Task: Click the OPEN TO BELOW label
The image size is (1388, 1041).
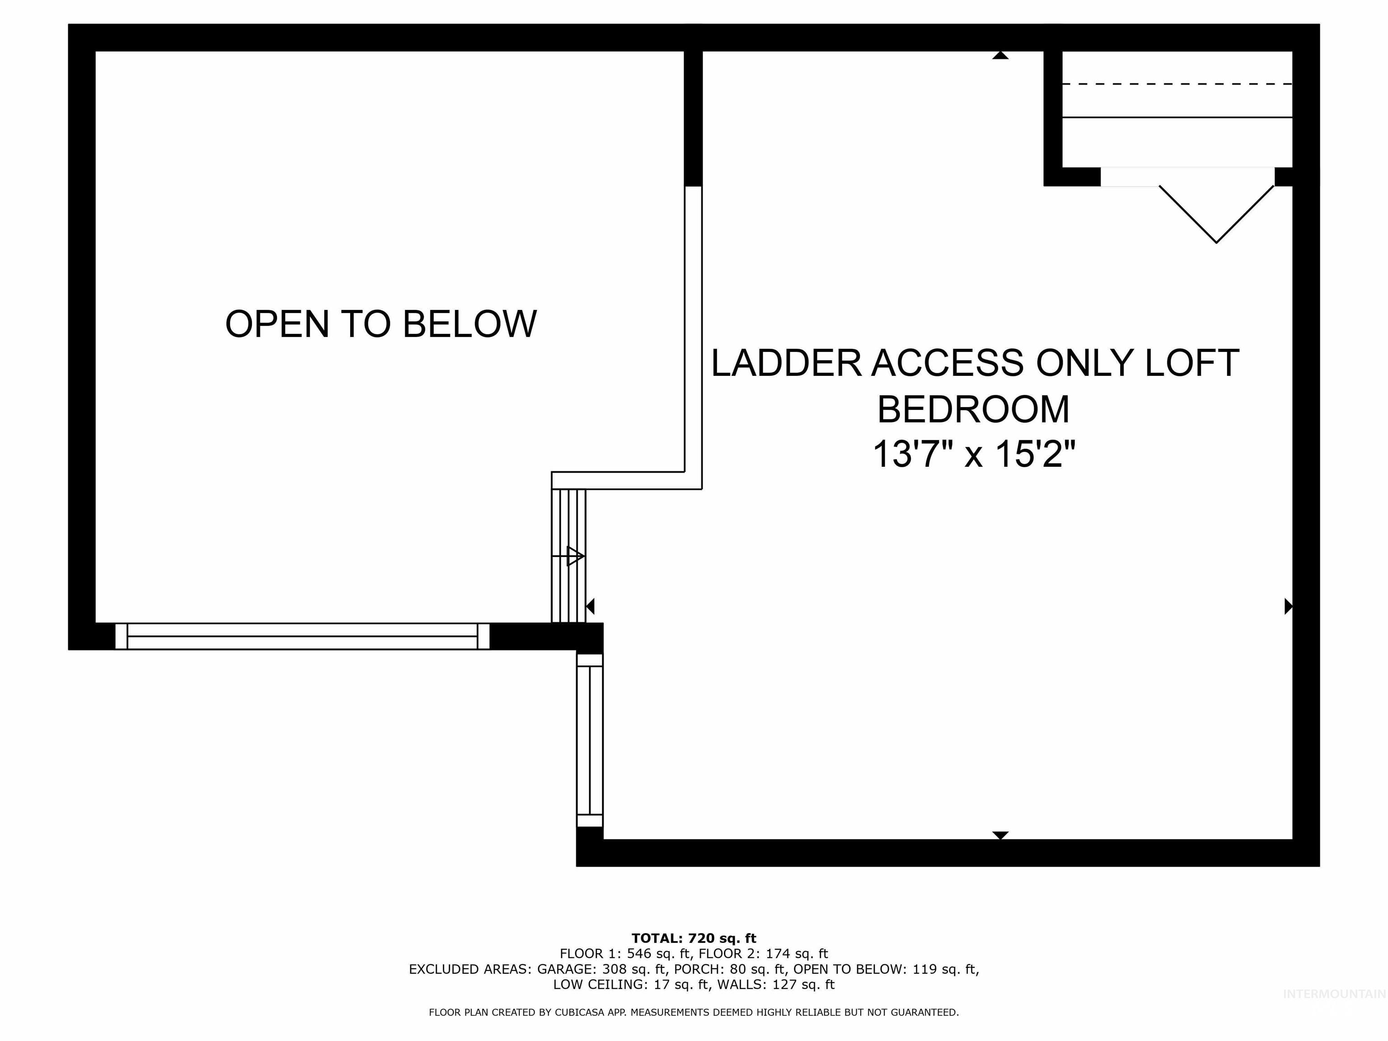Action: pos(381,324)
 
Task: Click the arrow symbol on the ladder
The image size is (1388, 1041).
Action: pos(574,556)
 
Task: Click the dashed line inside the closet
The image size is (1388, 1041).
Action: pos(1177,84)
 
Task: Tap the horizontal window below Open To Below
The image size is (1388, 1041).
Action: pos(302,636)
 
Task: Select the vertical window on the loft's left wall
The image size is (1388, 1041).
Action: pos(589,741)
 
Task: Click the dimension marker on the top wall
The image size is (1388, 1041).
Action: pos(1000,56)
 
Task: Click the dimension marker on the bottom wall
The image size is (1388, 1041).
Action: pos(1000,835)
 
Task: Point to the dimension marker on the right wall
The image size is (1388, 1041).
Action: pos(1288,606)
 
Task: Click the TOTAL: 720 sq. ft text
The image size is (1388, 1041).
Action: pos(694,938)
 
